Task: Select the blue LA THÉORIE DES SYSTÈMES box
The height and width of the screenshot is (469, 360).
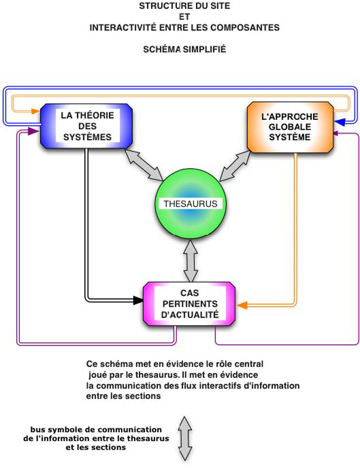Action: (86, 126)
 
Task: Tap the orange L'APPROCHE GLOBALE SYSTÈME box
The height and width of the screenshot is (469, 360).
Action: (289, 126)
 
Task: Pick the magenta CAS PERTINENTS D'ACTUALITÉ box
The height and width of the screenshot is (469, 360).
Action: (190, 304)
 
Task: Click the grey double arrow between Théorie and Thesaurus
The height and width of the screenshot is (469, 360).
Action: (144, 164)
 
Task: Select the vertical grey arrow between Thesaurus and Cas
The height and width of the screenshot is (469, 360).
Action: (190, 259)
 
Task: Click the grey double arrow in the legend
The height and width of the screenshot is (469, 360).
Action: (185, 439)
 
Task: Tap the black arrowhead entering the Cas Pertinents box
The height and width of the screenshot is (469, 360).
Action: (139, 300)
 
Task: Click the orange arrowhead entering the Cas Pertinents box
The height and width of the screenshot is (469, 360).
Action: (241, 305)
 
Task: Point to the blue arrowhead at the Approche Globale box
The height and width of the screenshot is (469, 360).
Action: (340, 122)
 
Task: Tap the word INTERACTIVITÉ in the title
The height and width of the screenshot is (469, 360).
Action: (122, 27)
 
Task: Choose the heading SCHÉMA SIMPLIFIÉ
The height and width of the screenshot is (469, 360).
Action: (185, 49)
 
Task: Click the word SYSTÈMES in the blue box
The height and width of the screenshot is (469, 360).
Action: (88, 137)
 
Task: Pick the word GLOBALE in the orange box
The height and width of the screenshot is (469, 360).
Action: (290, 126)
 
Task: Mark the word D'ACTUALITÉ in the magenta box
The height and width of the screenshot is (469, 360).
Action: (190, 314)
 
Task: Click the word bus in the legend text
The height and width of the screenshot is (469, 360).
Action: (37, 429)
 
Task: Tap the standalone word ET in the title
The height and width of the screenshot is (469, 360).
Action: (185, 17)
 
